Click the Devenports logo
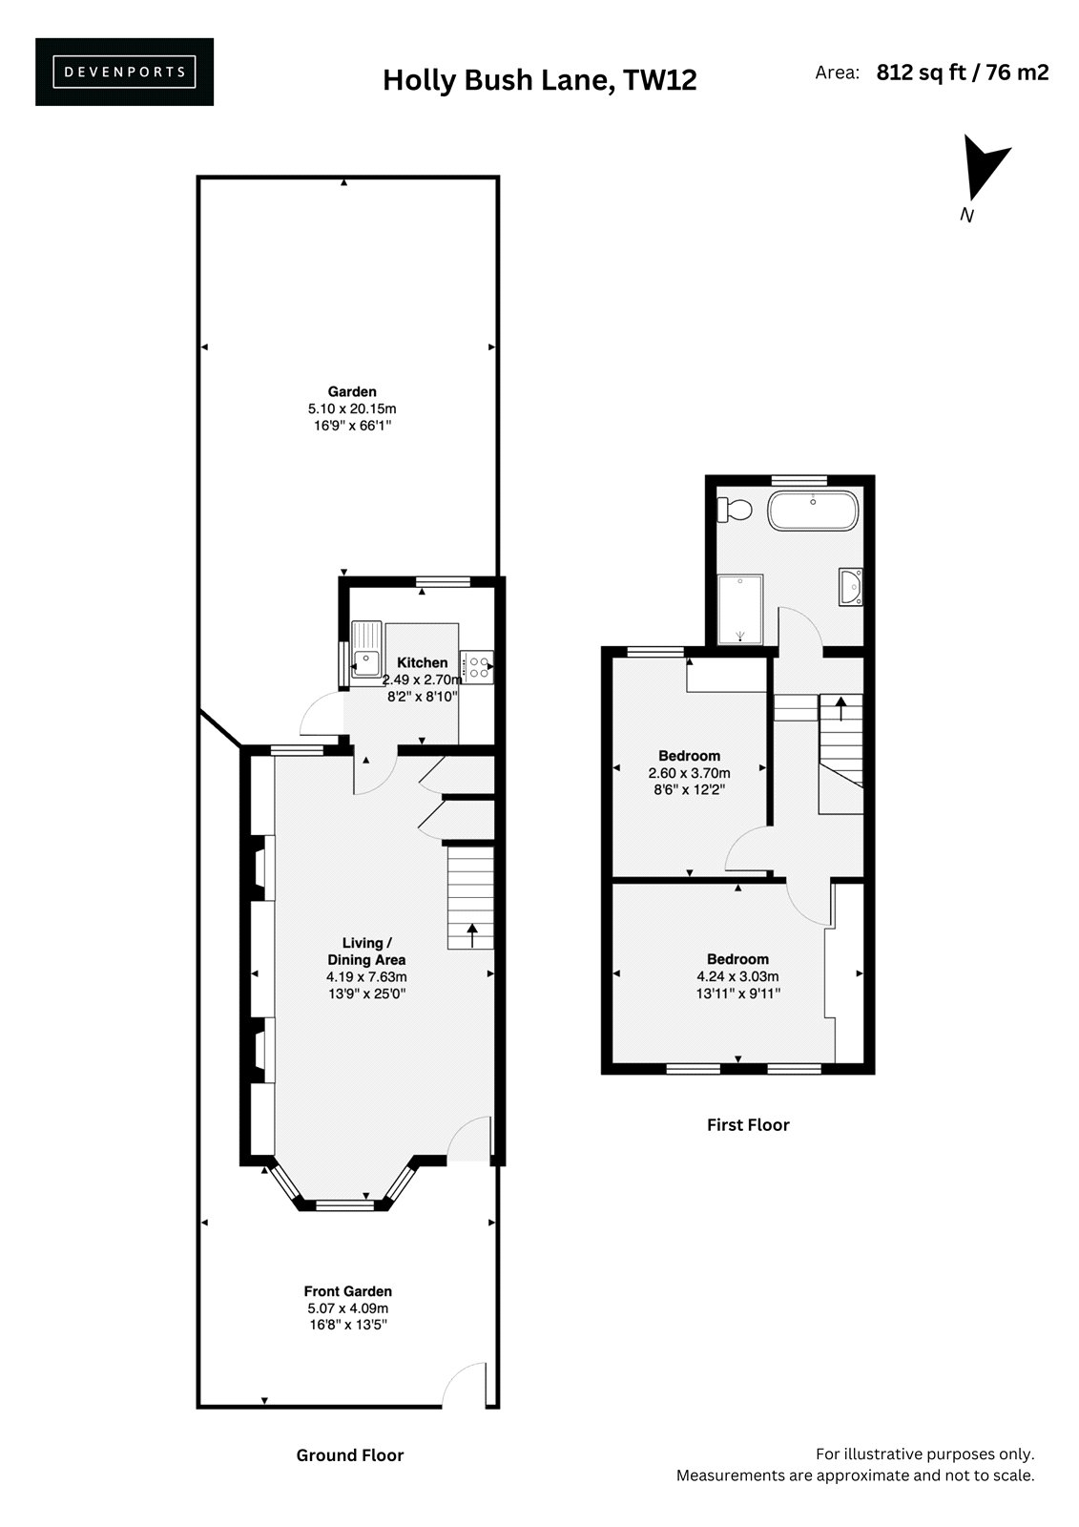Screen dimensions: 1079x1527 coord(124,72)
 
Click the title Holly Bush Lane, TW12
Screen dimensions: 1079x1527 coord(539,80)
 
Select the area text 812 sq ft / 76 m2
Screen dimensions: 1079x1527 coord(963,73)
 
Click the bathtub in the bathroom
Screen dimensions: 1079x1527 coord(813,511)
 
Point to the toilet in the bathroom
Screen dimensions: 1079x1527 coord(734,510)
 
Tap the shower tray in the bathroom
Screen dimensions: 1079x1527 coord(740,610)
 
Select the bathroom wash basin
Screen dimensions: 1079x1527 coord(851,586)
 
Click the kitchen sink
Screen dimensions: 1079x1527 coord(366,649)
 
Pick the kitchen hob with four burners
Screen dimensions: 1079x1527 coord(477,667)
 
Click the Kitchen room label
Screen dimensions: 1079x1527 coord(423,662)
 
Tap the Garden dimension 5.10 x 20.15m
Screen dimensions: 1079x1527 coord(352,409)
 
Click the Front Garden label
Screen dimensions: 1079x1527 coord(347,1291)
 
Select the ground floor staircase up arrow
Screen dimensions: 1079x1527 coord(471,935)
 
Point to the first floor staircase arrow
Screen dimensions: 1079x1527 coord(841,708)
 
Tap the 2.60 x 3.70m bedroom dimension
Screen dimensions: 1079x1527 coord(689,773)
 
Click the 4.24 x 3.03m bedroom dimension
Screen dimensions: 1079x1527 coord(737,976)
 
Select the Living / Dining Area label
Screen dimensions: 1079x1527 coord(366,951)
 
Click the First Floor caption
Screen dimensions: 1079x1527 coord(748,1125)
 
